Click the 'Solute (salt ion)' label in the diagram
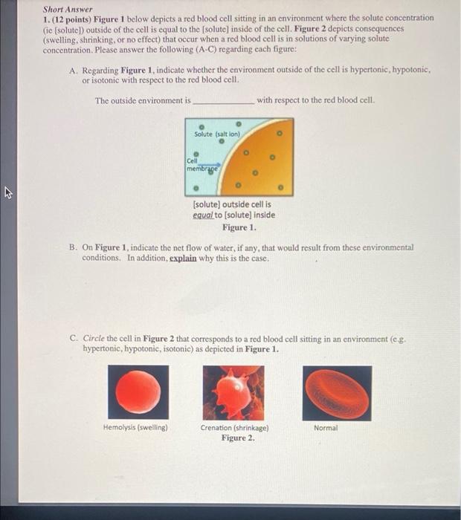click(216, 134)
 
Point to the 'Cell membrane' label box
click(196, 164)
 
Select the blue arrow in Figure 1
click(210, 166)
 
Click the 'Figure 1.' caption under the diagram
click(233, 227)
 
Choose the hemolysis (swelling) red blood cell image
click(136, 392)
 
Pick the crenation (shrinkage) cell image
click(233, 392)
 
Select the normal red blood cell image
click(336, 392)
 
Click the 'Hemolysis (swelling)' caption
click(136, 428)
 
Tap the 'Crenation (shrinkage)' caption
click(234, 428)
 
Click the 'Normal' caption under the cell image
click(326, 428)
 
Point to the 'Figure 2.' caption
click(237, 438)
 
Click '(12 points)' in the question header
click(71, 18)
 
